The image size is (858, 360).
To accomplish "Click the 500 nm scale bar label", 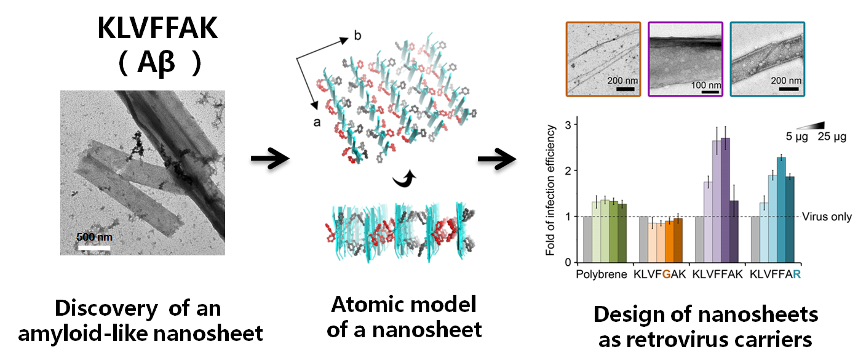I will click(x=94, y=237).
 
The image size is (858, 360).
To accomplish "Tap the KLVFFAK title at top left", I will click(x=157, y=29).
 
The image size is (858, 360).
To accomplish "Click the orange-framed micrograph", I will click(x=602, y=59).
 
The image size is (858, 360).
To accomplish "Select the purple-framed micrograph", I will click(x=685, y=59).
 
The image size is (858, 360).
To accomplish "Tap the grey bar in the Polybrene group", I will click(x=586, y=239).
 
